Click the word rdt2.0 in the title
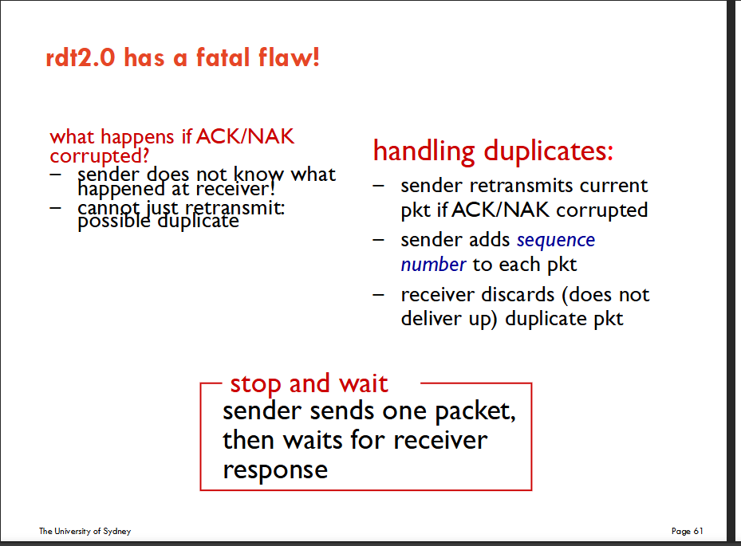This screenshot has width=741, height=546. [x=81, y=57]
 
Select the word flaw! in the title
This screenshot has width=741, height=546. [x=289, y=57]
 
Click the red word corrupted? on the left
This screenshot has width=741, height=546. [x=99, y=156]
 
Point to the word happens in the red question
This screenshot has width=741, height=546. [x=137, y=137]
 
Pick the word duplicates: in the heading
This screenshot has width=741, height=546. [x=548, y=151]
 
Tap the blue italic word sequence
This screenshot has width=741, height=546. [x=556, y=241]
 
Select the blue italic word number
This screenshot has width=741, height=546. [x=433, y=265]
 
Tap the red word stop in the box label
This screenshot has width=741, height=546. [x=256, y=384]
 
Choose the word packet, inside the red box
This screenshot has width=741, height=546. [x=475, y=411]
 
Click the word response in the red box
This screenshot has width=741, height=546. [x=275, y=470]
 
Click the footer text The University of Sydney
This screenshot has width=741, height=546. [x=85, y=531]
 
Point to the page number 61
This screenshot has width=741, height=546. [x=699, y=531]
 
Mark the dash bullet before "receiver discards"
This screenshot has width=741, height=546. [x=378, y=295]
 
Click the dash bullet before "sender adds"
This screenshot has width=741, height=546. [x=378, y=241]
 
